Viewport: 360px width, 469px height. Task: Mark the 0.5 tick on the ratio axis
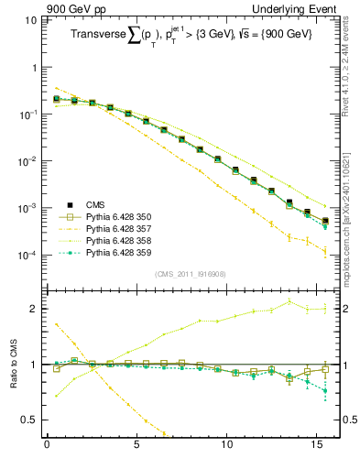[30, 420]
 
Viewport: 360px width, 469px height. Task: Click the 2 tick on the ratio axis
[35, 309]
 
